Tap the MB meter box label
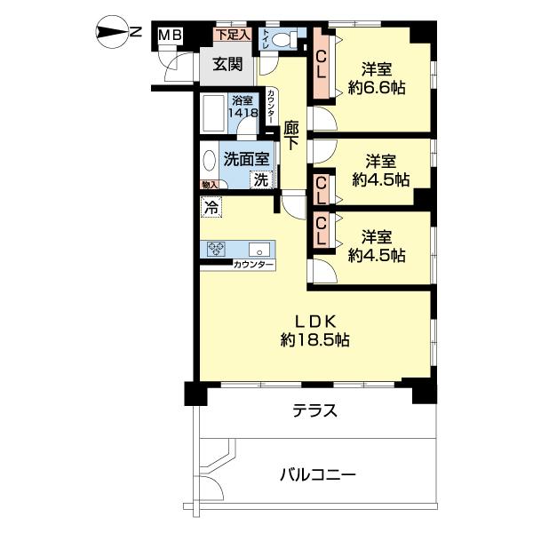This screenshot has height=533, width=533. [x=170, y=36]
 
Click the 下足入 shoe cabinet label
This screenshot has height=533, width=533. [x=234, y=35]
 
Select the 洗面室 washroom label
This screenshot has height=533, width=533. [x=245, y=160]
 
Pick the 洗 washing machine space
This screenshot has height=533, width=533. [x=260, y=179]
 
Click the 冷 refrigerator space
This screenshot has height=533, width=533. [x=211, y=208]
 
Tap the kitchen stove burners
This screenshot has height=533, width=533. [x=218, y=250]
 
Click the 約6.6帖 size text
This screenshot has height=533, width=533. [x=377, y=87]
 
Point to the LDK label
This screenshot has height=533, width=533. [x=315, y=321]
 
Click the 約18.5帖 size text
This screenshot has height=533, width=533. [x=315, y=339]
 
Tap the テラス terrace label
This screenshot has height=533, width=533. [x=315, y=410]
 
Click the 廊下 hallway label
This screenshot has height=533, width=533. [x=291, y=139]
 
